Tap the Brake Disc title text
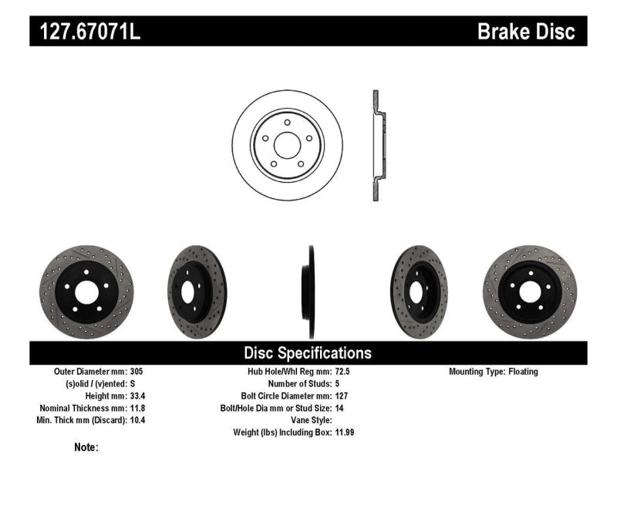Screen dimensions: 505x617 point(526,32)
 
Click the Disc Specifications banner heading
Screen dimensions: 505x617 point(308,353)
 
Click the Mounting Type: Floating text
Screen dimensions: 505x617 point(494,372)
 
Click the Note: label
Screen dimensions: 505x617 point(86,447)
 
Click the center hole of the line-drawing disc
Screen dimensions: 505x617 point(287,145)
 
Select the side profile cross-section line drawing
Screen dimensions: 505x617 point(377,145)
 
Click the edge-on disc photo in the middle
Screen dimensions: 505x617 point(311,291)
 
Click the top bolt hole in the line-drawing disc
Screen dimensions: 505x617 point(287,123)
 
